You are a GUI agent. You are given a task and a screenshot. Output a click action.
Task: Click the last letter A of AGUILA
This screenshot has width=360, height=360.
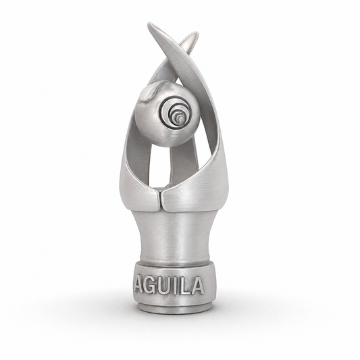(197, 286)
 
